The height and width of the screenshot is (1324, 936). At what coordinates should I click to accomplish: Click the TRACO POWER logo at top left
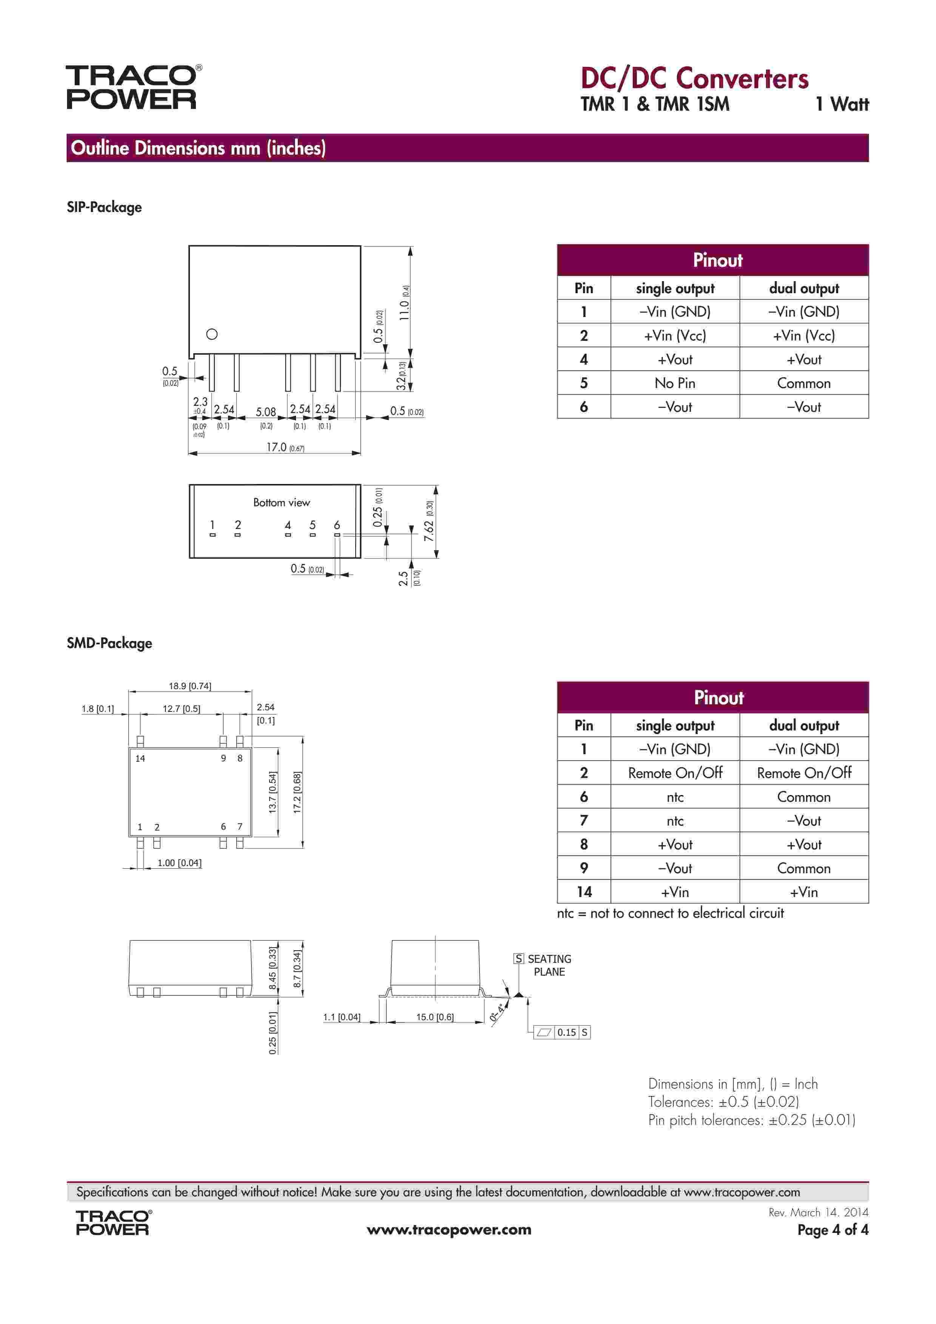click(x=133, y=87)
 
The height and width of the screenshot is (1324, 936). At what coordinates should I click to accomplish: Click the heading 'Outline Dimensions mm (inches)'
click(x=198, y=148)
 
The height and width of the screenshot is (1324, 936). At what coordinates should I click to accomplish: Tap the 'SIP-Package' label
click(x=104, y=207)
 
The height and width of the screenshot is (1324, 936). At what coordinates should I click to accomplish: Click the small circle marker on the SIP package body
click(x=211, y=334)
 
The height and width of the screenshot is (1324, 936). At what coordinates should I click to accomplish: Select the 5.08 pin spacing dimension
click(x=266, y=412)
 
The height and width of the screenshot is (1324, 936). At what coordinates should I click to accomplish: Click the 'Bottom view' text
click(x=281, y=502)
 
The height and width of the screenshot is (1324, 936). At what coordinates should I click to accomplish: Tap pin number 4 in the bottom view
click(x=288, y=525)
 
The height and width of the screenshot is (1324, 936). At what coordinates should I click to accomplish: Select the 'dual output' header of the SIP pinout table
click(x=803, y=288)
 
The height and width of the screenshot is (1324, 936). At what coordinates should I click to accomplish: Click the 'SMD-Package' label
click(x=109, y=643)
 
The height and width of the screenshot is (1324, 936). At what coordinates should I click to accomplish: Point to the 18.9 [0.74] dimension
click(x=190, y=686)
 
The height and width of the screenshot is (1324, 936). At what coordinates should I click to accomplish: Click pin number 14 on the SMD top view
click(x=140, y=758)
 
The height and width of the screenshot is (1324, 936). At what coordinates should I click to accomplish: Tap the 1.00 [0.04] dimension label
click(x=179, y=863)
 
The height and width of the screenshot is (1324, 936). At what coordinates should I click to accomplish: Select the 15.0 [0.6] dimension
click(x=435, y=1017)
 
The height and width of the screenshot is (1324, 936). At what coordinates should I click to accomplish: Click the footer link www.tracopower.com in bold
click(x=449, y=1230)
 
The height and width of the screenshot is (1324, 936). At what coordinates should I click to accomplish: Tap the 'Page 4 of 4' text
click(x=832, y=1230)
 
